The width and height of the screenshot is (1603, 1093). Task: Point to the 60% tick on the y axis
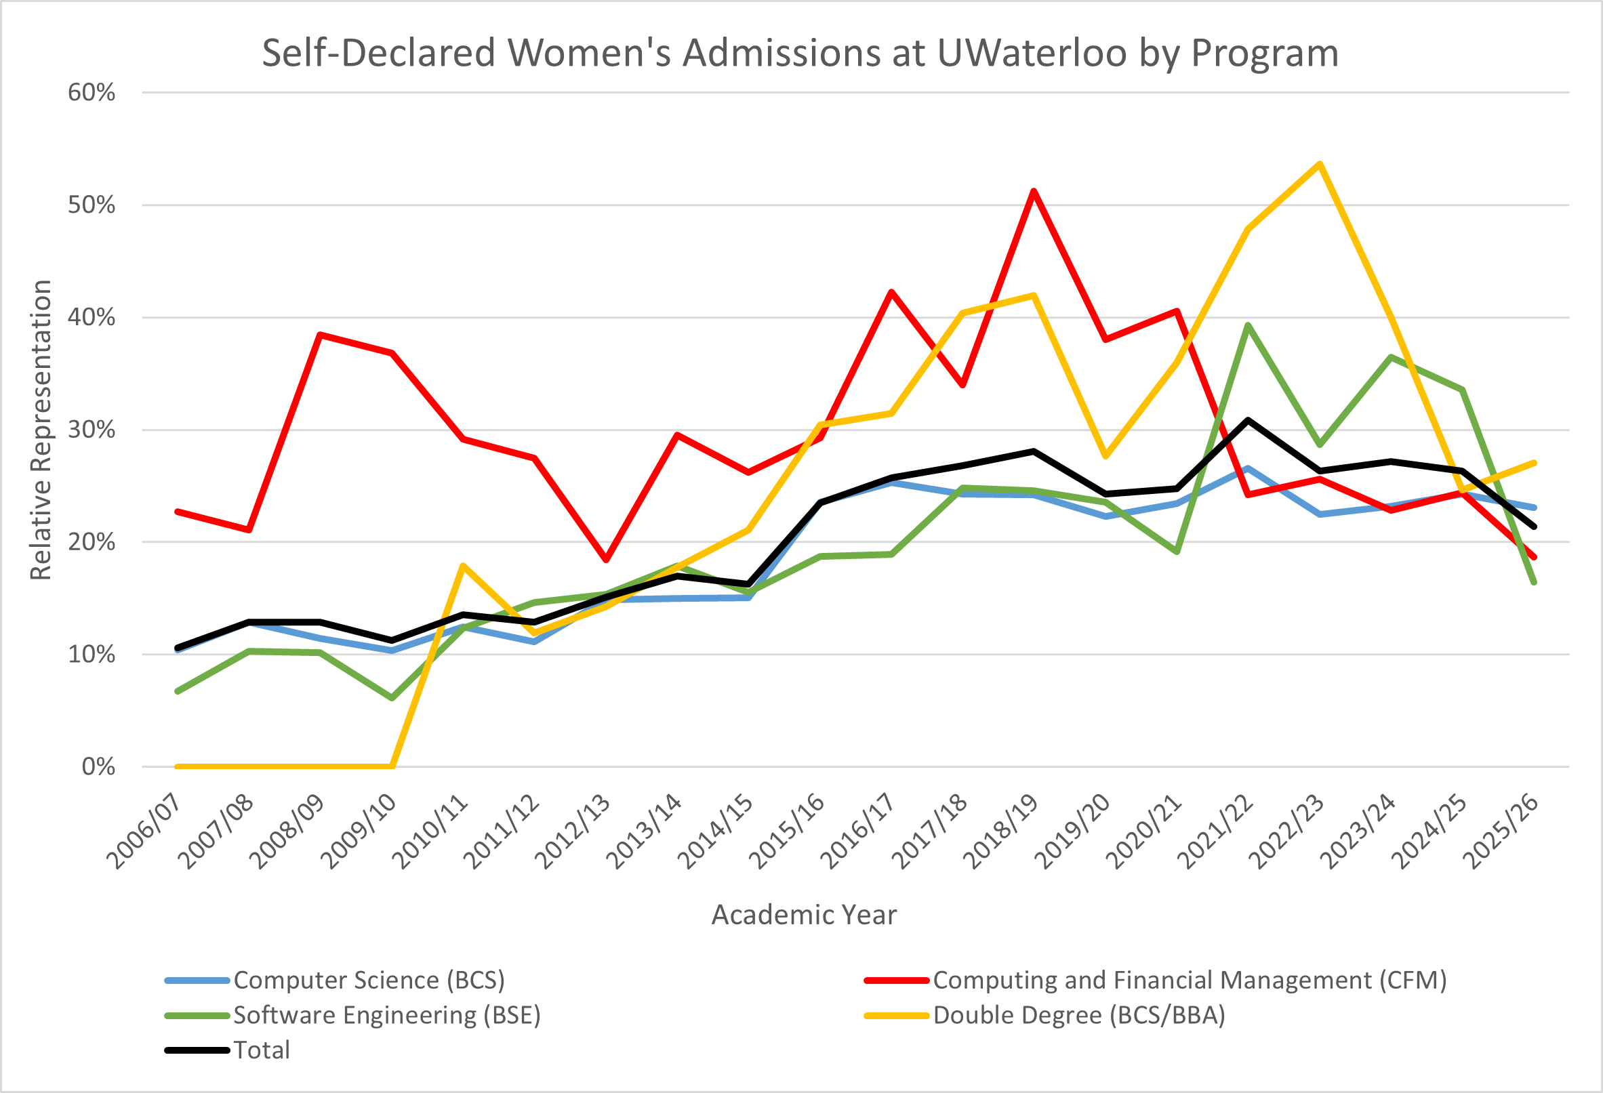pos(91,92)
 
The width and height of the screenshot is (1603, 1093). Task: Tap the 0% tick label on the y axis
pos(98,767)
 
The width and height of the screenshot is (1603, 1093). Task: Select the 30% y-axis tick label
pos(91,430)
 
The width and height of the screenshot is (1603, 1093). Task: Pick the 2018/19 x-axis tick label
pos(1002,831)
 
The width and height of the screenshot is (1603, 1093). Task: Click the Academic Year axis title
pos(804,915)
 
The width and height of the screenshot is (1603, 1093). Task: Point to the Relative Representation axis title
pos(41,430)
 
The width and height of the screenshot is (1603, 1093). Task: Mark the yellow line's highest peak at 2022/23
pos(1320,164)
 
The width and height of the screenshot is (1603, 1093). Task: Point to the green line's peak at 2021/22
pos(1248,325)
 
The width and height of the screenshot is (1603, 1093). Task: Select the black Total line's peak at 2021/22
pos(1248,420)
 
